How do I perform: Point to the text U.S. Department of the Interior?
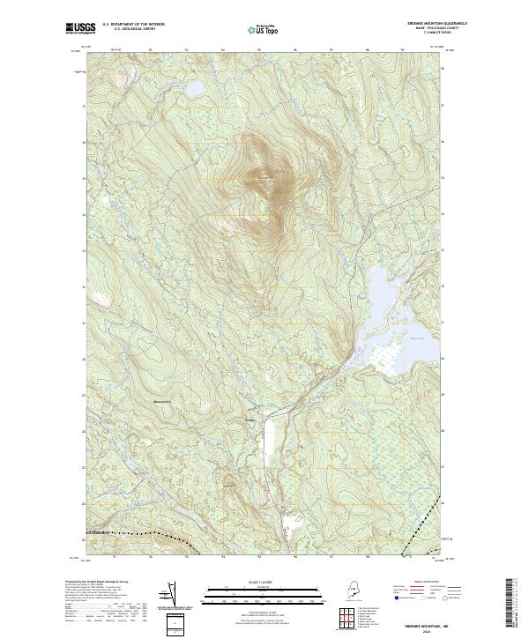134,24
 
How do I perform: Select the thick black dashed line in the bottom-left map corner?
132,533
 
